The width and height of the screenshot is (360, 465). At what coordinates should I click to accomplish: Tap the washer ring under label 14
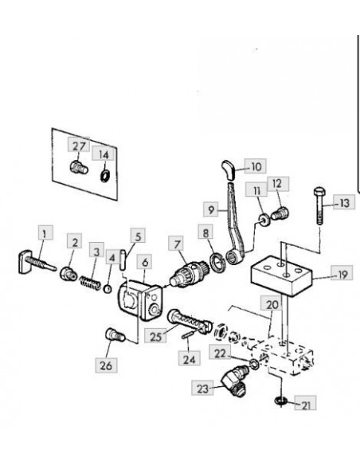[x=104, y=176]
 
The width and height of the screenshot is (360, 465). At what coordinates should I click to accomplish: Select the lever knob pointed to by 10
[x=229, y=170]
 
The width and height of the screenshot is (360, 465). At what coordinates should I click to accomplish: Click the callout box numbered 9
[x=210, y=209]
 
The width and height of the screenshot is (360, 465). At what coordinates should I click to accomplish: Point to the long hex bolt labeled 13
[x=319, y=205]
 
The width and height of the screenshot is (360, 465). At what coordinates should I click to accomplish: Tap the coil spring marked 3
[x=90, y=283]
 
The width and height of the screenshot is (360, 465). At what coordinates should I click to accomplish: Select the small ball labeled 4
[x=108, y=288]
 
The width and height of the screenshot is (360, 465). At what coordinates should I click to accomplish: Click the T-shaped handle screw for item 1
[x=37, y=262]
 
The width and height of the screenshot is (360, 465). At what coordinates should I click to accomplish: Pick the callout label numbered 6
[x=144, y=261]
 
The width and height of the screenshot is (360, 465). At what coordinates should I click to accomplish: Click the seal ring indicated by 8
[x=218, y=262]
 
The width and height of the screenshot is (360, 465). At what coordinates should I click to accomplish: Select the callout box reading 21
[x=305, y=403]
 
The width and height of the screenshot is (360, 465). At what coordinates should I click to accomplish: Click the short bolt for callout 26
[x=115, y=334]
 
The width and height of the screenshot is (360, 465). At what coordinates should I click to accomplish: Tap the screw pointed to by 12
[x=280, y=213]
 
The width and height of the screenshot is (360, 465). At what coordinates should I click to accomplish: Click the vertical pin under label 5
[x=123, y=260]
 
